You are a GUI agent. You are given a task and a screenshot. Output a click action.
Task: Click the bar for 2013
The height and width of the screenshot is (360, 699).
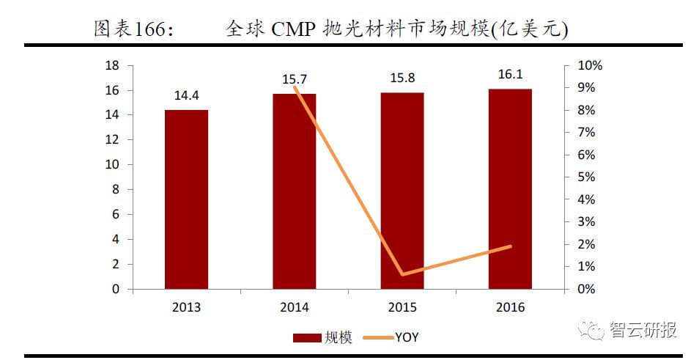pyautogui.click(x=186, y=199)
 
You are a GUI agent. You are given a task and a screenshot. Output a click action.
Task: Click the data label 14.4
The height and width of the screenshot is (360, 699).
pyautogui.click(x=186, y=96)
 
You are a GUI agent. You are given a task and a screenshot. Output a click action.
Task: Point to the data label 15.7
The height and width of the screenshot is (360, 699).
pyautogui.click(x=295, y=79)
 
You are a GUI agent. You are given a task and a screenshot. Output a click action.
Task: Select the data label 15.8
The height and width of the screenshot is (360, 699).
pyautogui.click(x=402, y=78)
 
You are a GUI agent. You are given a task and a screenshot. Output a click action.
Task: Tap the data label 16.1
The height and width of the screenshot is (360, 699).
pyautogui.click(x=510, y=76)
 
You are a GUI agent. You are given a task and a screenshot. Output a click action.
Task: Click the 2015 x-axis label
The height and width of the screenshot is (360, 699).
pyautogui.click(x=402, y=307)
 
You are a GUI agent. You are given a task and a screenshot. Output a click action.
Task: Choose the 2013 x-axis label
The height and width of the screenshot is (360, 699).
pyautogui.click(x=186, y=307)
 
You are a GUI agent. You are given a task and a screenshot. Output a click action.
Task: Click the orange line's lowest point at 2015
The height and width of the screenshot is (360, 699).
pyautogui.click(x=402, y=274)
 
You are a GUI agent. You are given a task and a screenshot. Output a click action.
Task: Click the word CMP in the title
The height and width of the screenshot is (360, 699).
pyautogui.click(x=294, y=29)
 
